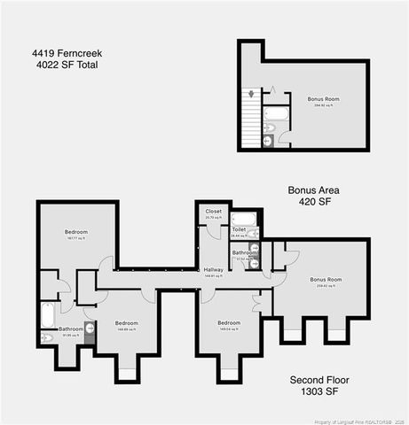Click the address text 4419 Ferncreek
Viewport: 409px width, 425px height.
click(65, 53)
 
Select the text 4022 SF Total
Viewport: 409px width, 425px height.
click(65, 65)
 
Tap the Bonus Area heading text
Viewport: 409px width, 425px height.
click(314, 190)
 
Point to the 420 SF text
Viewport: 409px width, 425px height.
click(314, 202)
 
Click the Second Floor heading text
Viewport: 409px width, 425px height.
click(322, 380)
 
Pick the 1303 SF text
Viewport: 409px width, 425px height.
click(322, 391)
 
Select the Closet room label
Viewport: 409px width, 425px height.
click(214, 212)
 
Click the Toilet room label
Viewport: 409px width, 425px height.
click(239, 229)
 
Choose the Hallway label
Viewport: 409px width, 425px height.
click(213, 269)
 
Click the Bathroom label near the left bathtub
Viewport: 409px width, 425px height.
click(71, 328)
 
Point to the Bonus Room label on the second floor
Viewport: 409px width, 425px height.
click(325, 280)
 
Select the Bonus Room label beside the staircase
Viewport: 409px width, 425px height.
click(323, 99)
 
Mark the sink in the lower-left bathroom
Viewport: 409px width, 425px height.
click(46, 337)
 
